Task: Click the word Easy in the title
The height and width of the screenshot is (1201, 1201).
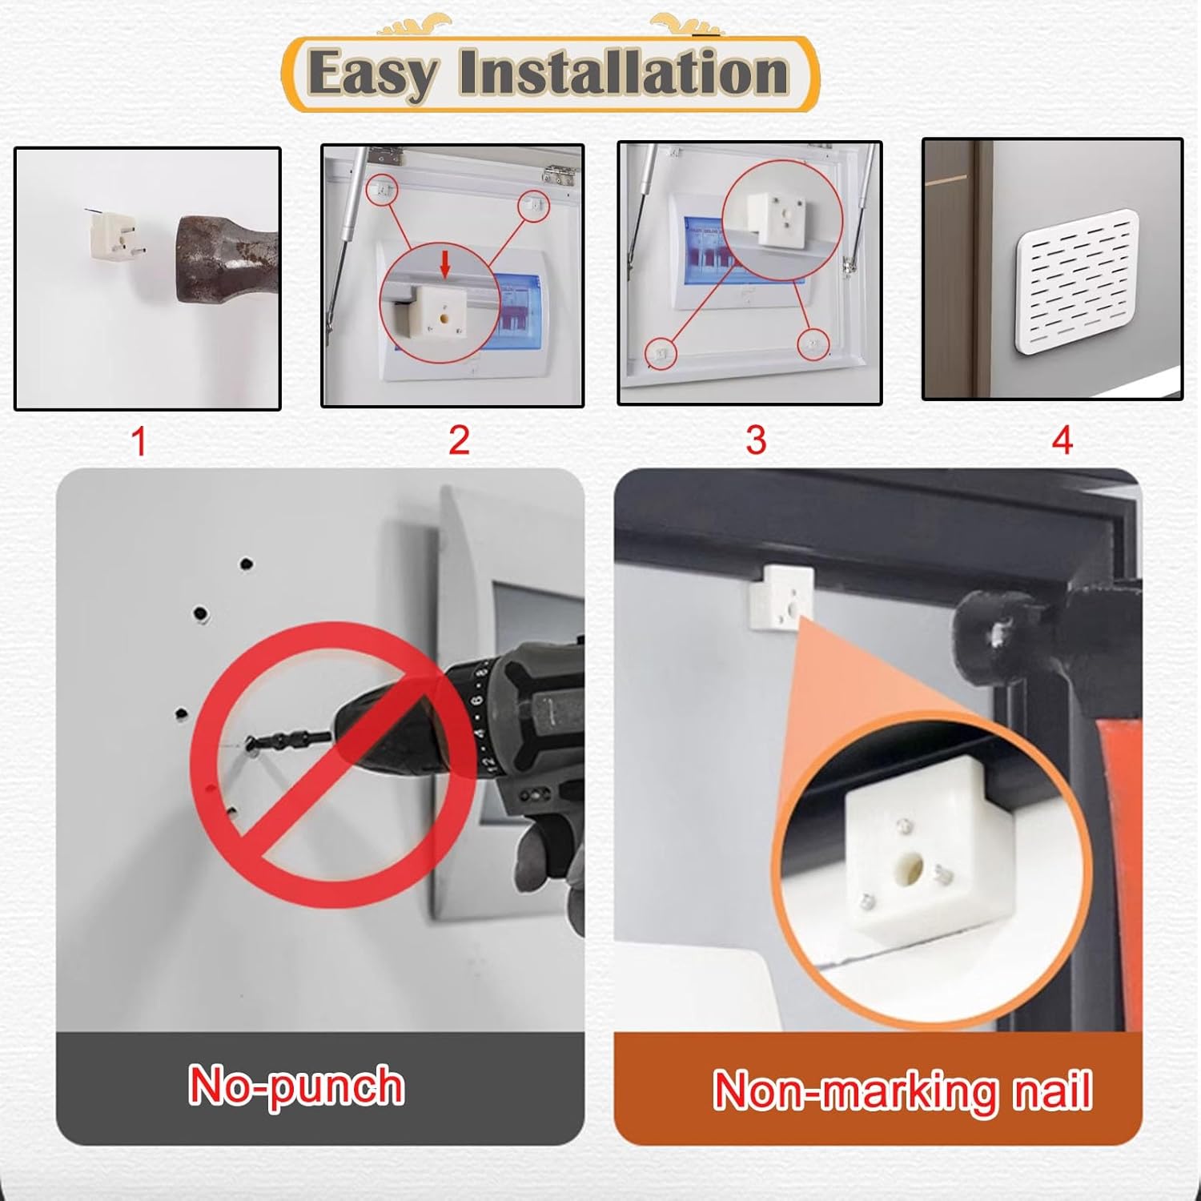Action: point(372,74)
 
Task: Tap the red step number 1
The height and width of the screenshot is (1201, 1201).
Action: point(139,441)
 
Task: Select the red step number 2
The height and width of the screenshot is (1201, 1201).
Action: point(459,440)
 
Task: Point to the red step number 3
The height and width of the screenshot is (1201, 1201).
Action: point(756,440)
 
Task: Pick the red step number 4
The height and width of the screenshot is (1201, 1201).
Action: point(1062,440)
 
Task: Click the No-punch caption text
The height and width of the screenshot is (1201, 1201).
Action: point(296,1087)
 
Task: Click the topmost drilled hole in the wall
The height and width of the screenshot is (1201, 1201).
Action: point(247,564)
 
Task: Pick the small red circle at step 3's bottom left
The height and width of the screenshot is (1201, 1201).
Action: point(661,352)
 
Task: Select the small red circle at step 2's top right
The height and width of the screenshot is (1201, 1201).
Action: point(534,206)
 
